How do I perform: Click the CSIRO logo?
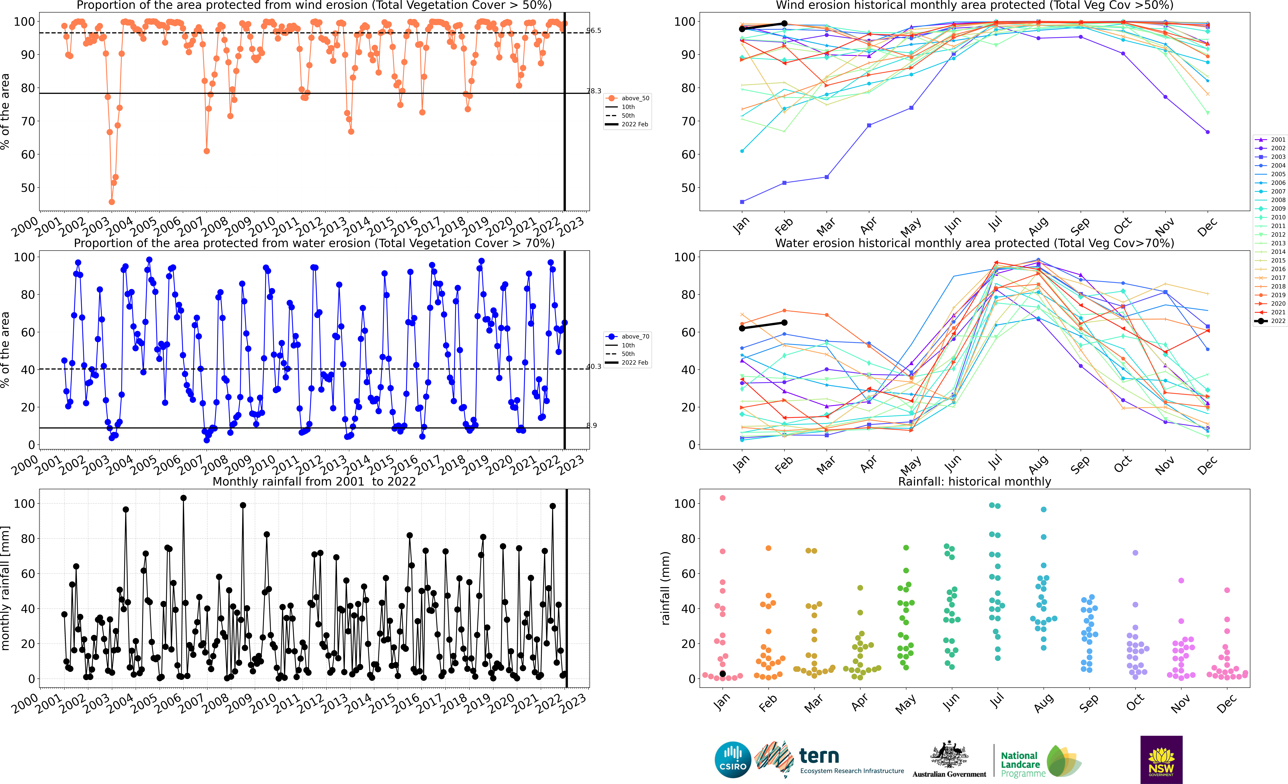[x=732, y=759]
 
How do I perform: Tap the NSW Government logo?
[x=1161, y=759]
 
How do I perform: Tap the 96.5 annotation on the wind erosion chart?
[x=594, y=30]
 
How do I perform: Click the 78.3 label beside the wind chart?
[x=594, y=91]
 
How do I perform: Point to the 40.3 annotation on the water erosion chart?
[x=594, y=366]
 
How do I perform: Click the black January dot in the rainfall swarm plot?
[x=722, y=674]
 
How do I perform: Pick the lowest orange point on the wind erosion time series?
[x=111, y=202]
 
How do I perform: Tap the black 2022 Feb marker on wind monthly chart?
[x=784, y=23]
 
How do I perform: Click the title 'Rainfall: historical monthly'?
[x=974, y=481]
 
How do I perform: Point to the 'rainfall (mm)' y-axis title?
[x=665, y=588]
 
